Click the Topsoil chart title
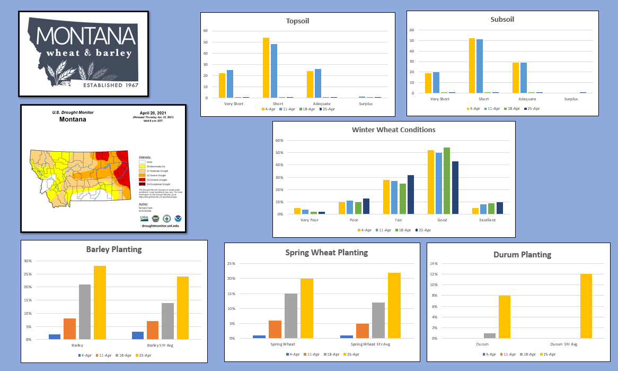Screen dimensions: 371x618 (x=297, y=21)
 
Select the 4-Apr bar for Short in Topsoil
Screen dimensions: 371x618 (x=266, y=68)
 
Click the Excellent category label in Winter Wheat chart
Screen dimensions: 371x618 (x=487, y=220)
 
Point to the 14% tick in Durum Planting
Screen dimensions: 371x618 (x=434, y=264)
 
